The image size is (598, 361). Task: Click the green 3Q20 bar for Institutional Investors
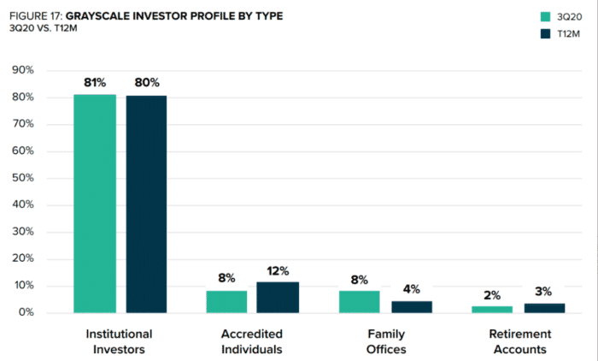[x=95, y=204]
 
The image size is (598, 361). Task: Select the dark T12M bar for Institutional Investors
[x=146, y=204]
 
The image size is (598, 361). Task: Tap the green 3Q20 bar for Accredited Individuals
[x=226, y=302]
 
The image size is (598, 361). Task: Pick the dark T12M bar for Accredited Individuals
[x=278, y=298]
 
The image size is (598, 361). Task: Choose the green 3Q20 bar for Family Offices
[x=360, y=302]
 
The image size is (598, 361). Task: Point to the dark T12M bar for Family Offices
[x=412, y=307]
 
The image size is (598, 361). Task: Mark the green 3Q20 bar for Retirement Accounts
[x=492, y=310]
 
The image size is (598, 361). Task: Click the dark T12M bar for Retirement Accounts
[x=545, y=308]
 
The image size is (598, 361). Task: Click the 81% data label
[x=95, y=82]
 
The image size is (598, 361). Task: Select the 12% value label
[x=278, y=271]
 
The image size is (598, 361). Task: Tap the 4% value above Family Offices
[x=412, y=289]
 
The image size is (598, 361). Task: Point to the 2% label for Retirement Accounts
[x=492, y=295]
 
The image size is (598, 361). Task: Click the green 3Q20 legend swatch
[x=545, y=17]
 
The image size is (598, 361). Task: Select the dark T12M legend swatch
[x=545, y=33]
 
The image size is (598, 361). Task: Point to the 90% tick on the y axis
[x=23, y=70]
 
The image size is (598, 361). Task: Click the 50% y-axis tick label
[x=23, y=178]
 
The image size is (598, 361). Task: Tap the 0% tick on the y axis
[x=26, y=312]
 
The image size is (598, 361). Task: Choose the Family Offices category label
[x=386, y=341]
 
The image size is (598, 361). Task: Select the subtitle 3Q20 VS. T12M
[x=43, y=28]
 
